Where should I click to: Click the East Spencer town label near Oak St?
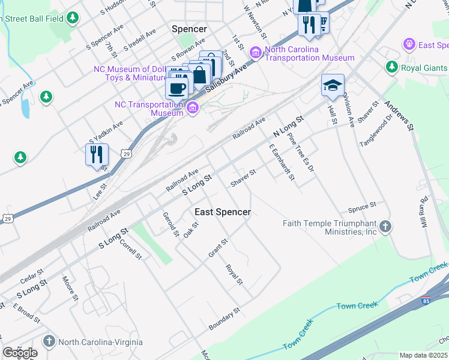pyautogui.click(x=222, y=212)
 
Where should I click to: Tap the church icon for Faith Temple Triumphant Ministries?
pyautogui.click(x=386, y=227)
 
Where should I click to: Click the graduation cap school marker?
pyautogui.click(x=332, y=85)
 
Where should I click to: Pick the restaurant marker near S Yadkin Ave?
pyautogui.click(x=97, y=155)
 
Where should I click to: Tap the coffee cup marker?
pyautogui.click(x=176, y=89)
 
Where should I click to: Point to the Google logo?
pyautogui.click(x=20, y=353)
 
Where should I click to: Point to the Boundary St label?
pyautogui.click(x=224, y=319)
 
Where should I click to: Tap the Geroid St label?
pyautogui.click(x=171, y=223)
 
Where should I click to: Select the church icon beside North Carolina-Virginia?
pyautogui.click(x=49, y=342)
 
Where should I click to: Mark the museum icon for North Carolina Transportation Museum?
pyautogui.click(x=256, y=53)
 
